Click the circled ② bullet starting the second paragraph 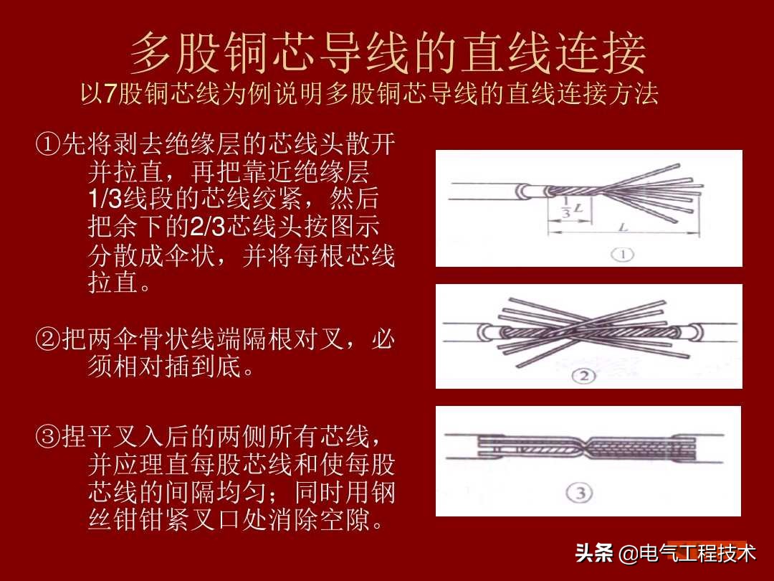47,340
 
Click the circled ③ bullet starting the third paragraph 47,436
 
